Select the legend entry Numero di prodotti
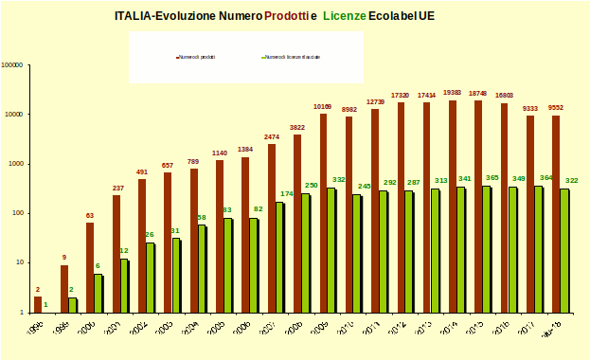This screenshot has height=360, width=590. [x=200, y=58]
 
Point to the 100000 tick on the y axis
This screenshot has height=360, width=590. [x=12, y=65]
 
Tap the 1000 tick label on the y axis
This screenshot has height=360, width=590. [x=16, y=164]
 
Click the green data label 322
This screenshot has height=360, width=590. [x=571, y=180]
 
